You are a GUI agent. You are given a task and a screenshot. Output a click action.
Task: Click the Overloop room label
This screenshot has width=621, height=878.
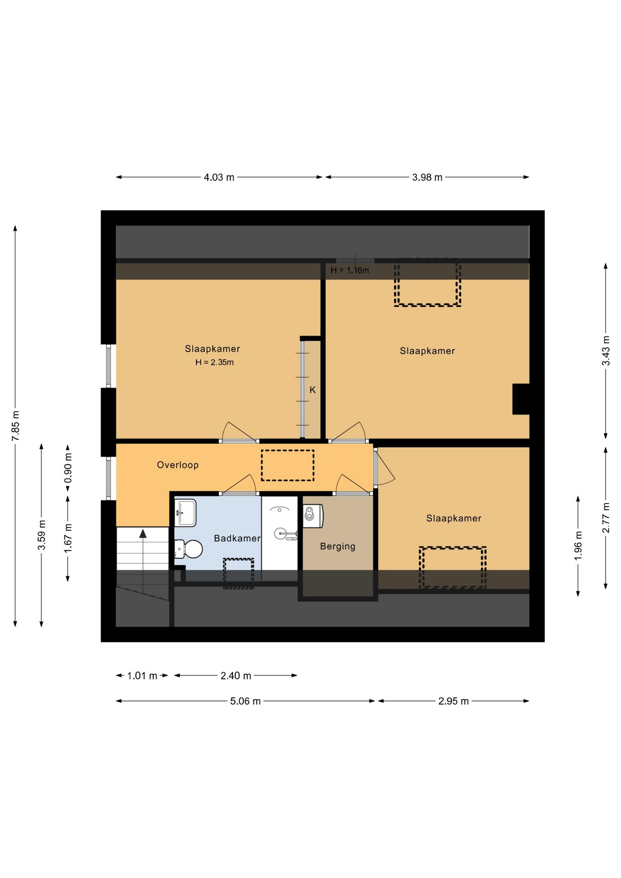177,465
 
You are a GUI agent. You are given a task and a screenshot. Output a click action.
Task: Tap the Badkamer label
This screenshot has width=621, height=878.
237,538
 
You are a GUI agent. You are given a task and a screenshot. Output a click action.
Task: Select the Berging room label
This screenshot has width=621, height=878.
337,546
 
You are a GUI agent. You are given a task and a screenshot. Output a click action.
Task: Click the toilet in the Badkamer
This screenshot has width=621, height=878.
188,549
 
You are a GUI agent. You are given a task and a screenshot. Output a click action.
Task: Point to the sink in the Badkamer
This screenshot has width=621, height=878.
185,513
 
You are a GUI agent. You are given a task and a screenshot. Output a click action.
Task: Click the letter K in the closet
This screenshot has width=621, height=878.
313,390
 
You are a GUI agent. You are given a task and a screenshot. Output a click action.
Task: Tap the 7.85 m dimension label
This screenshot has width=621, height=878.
16,426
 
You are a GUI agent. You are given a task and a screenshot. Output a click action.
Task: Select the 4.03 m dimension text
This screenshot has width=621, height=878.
219,177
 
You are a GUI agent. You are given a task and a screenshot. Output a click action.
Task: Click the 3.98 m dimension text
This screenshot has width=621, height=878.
427,177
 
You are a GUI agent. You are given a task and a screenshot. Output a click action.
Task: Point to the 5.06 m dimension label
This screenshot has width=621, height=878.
245,701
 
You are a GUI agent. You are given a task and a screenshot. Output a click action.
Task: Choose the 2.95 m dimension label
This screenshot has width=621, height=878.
453,701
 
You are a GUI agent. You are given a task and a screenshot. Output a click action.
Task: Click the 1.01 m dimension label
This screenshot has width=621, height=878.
142,675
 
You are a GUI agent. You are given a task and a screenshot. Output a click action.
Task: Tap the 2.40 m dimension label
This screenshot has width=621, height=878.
236,675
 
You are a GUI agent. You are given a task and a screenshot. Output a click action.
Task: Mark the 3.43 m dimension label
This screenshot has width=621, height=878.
605,351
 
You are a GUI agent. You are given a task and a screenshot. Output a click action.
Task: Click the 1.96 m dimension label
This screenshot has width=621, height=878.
578,546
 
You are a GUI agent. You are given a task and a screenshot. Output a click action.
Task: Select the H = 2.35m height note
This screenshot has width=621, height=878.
214,362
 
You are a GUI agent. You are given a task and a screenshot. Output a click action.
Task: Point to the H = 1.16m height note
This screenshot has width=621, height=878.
350,270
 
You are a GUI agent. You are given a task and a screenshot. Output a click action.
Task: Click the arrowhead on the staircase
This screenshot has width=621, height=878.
143,533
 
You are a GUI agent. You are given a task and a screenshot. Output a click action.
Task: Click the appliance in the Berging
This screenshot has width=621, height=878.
313,515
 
